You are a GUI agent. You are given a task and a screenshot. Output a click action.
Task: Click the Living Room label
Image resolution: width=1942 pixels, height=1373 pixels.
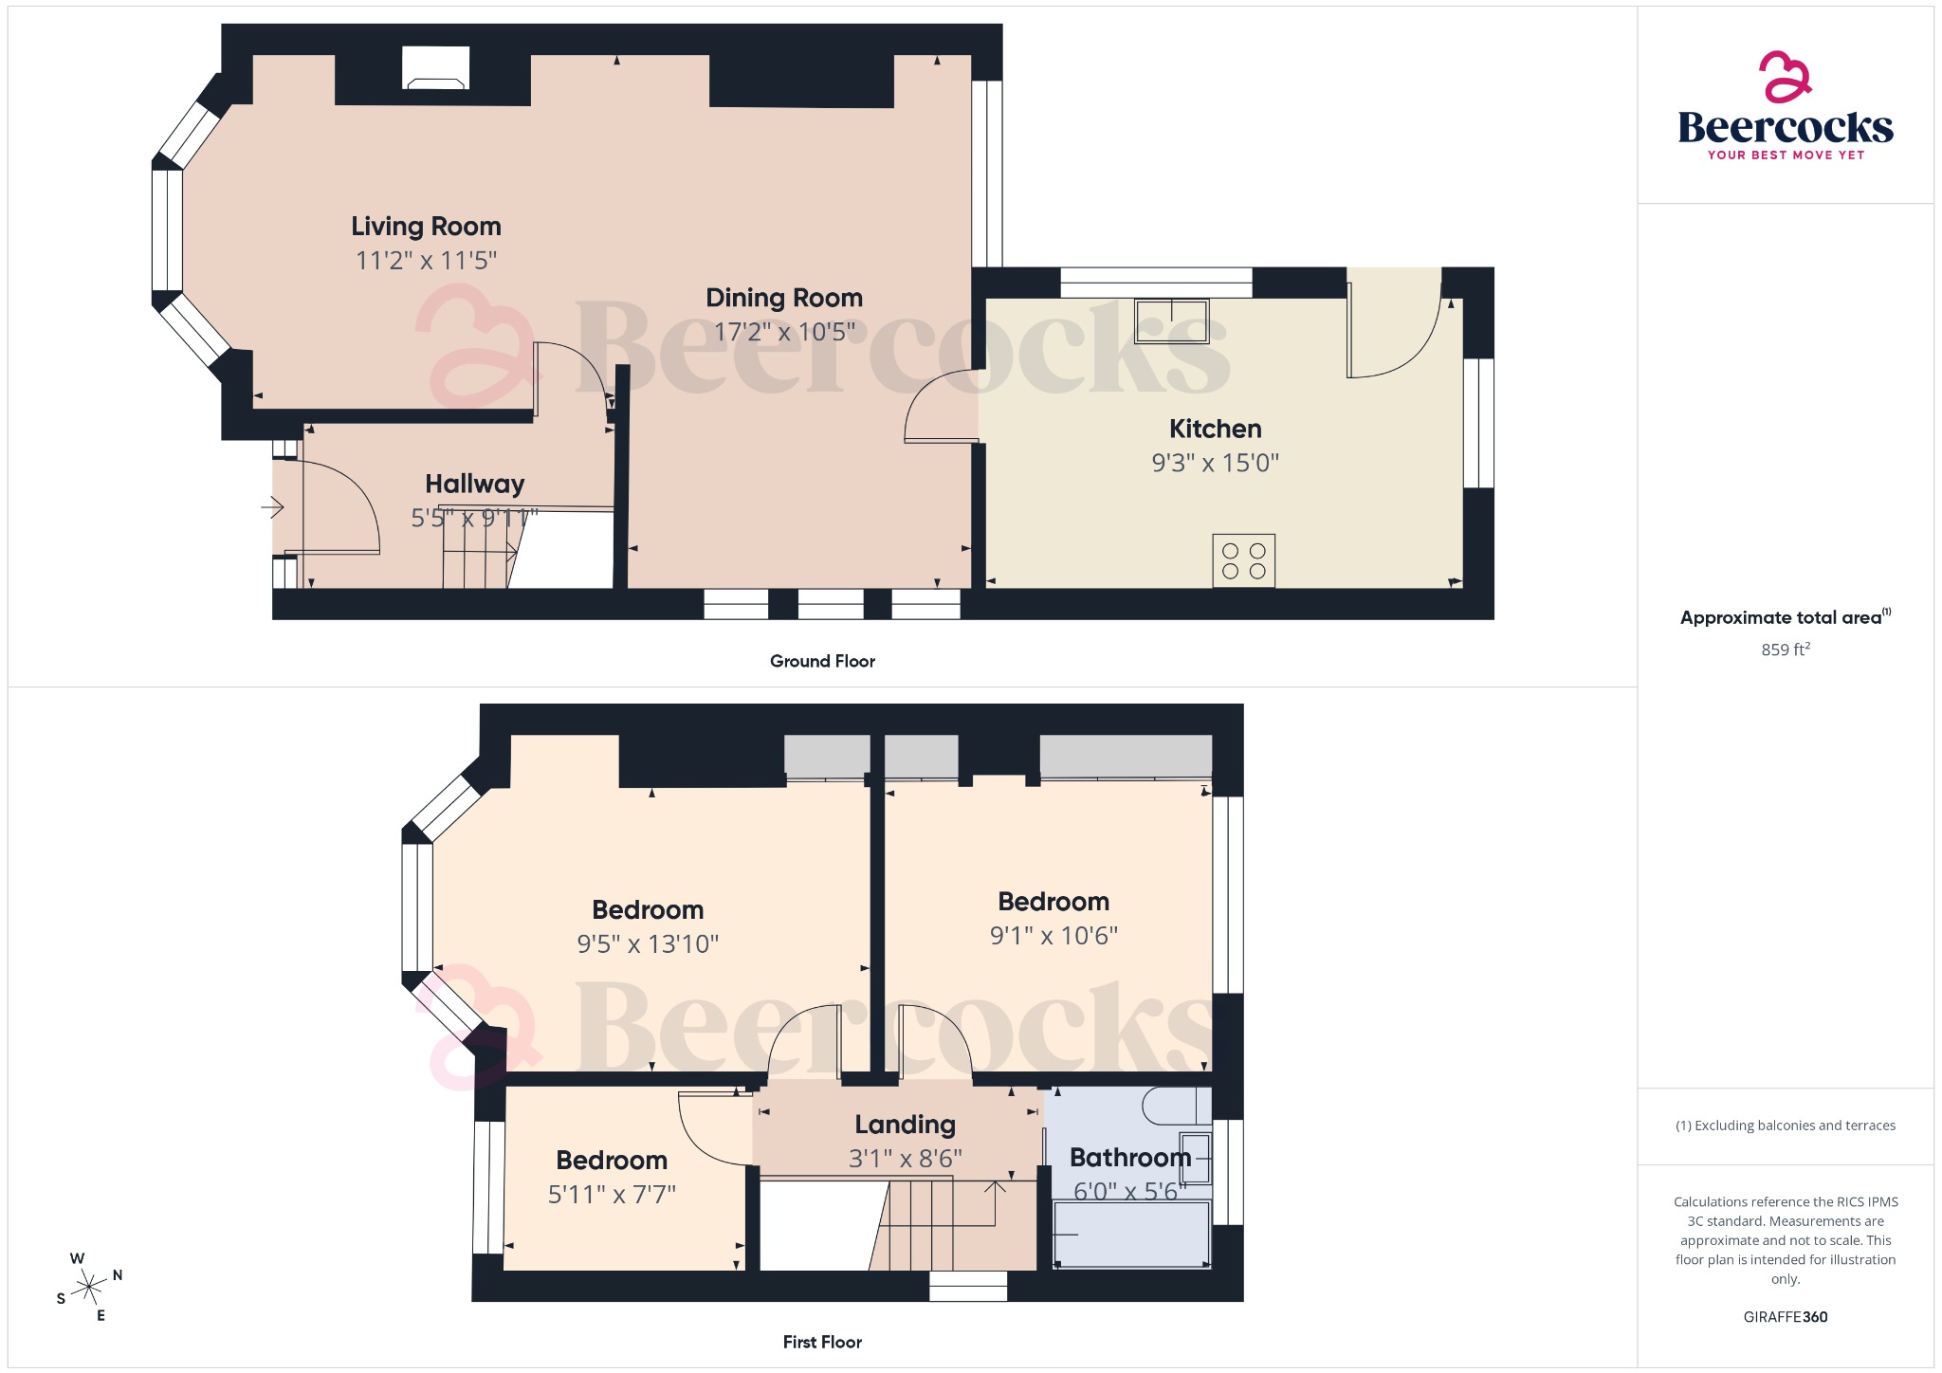[426, 227]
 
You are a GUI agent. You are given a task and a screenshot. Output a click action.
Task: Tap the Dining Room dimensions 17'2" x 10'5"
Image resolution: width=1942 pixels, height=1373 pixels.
[784, 332]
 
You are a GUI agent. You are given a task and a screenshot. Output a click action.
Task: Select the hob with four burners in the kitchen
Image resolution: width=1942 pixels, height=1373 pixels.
[1243, 561]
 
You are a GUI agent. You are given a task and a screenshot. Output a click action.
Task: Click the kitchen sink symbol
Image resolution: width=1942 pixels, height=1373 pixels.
[1172, 320]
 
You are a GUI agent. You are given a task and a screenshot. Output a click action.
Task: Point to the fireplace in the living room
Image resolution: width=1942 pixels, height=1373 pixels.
[435, 68]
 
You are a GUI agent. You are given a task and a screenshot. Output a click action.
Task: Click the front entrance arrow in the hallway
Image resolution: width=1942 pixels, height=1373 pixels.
[273, 508]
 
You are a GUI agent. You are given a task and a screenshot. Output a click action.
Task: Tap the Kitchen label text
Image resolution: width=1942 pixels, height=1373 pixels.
[1215, 430]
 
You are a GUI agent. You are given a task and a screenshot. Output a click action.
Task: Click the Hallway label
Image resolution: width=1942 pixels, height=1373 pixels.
[474, 485]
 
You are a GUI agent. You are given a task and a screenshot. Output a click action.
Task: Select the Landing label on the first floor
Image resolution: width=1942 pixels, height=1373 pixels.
[905, 1125]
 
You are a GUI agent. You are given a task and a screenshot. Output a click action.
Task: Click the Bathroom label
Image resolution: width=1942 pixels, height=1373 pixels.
[1130, 1158]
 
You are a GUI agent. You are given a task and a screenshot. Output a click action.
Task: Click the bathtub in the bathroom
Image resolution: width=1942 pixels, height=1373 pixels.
[1130, 1235]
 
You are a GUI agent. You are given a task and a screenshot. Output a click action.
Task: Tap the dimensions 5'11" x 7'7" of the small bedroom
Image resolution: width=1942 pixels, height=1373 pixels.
[612, 1195]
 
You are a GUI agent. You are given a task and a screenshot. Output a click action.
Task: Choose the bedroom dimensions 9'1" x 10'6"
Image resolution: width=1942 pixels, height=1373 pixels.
[1053, 936]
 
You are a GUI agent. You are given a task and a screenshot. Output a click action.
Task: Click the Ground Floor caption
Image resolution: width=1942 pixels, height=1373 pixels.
[822, 661]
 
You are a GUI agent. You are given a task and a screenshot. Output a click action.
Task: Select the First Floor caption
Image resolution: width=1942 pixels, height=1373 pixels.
[822, 1342]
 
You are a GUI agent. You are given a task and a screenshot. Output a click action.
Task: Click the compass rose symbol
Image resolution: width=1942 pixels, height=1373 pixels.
[89, 1287]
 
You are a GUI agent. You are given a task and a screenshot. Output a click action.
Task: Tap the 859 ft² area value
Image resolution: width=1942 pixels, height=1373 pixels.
[1785, 650]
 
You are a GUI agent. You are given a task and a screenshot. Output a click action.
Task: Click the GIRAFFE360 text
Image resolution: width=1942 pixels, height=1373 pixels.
[1785, 1317]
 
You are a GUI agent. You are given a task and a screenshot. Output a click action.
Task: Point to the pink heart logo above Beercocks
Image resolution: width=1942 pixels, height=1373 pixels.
[1785, 77]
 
